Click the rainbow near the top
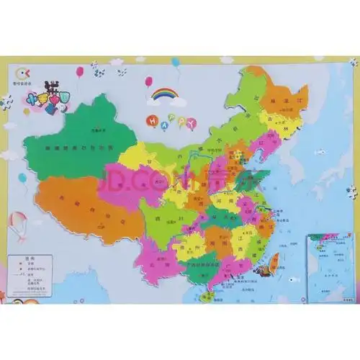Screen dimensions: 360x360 click(x=164, y=94)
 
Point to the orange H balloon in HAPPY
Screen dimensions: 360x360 click(x=152, y=120)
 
